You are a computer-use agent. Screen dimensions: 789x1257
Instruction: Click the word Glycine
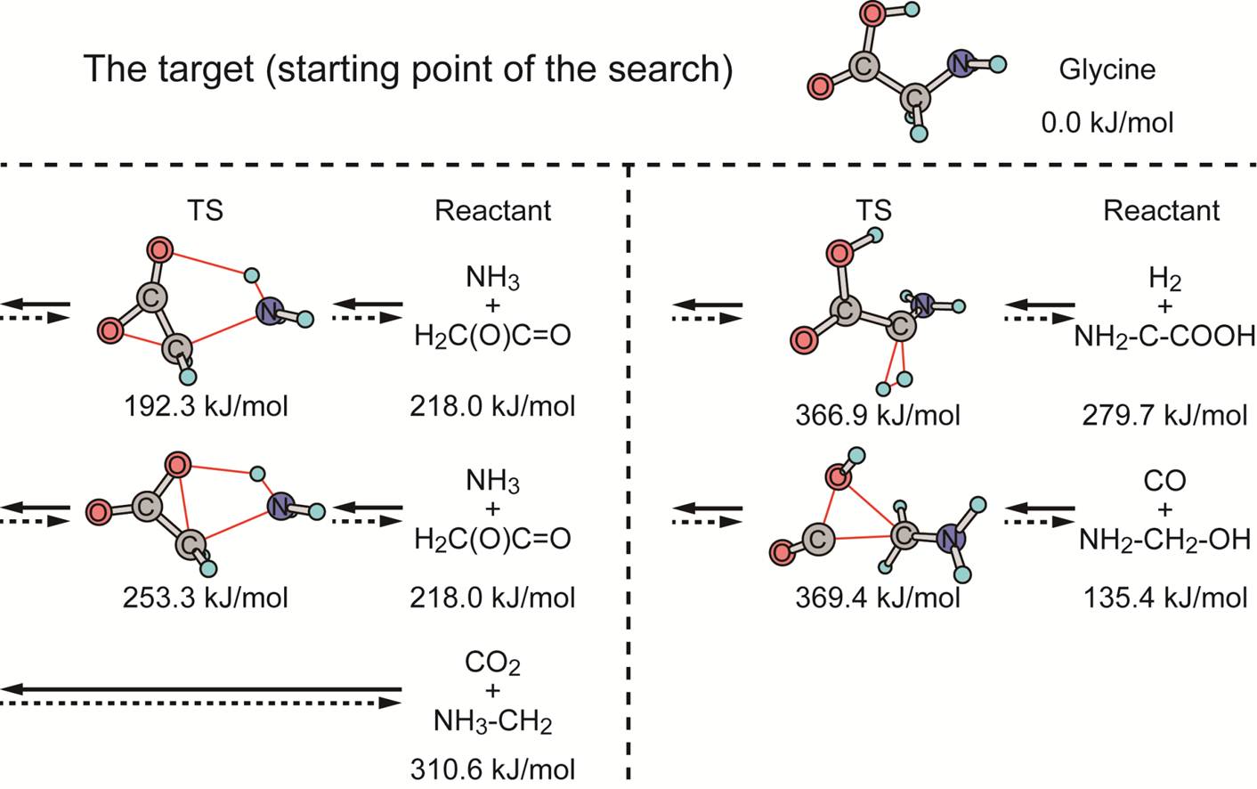coord(1107,69)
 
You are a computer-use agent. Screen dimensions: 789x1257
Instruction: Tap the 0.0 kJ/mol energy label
coord(1107,122)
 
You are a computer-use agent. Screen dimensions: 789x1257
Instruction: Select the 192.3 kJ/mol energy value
coord(206,406)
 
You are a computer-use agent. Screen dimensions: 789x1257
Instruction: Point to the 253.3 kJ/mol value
coord(206,597)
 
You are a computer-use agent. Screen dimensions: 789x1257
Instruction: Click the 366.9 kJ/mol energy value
coord(878,415)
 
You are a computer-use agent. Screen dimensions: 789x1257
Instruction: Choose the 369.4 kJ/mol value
coord(878,597)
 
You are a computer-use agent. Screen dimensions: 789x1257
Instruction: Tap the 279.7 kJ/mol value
coord(1164,415)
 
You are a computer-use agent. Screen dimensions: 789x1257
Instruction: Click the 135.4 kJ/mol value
coord(1164,597)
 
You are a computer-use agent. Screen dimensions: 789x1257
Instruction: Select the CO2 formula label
coord(492,663)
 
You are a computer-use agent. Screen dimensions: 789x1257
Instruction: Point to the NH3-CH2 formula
coord(492,720)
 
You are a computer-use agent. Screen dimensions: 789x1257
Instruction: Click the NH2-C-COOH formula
coord(1164,336)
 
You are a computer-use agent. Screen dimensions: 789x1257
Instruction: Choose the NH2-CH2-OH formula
coord(1164,539)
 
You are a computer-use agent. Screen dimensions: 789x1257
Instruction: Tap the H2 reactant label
coord(1164,279)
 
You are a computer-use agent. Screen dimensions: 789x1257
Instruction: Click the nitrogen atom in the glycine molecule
coord(960,63)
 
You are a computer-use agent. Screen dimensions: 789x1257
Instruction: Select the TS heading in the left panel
coord(205,210)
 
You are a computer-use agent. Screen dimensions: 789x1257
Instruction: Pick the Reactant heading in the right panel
coord(1161,210)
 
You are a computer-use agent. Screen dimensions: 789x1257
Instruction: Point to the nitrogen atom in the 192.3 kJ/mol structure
coord(269,311)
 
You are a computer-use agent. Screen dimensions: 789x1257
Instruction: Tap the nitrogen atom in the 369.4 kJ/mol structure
coord(951,538)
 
